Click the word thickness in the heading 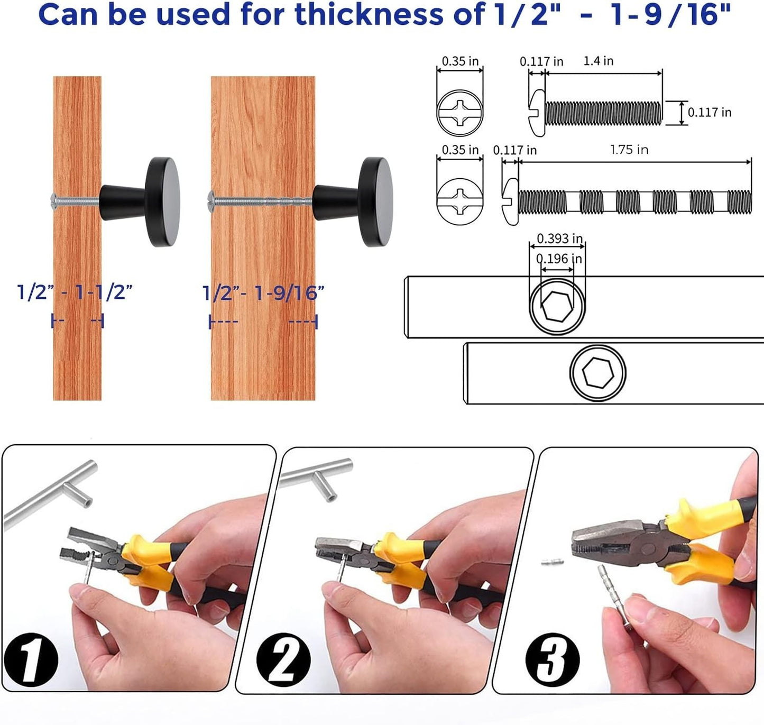(368, 14)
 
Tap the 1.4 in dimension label (598, 61)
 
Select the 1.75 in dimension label (629, 150)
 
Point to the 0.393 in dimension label (559, 238)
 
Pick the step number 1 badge (31, 659)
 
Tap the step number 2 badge (283, 659)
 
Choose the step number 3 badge (552, 660)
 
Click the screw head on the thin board (54, 199)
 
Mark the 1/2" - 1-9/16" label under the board (263, 292)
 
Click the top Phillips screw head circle (459, 112)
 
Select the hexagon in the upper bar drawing (557, 307)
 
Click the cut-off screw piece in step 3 (552, 562)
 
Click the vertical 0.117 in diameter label (709, 112)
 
